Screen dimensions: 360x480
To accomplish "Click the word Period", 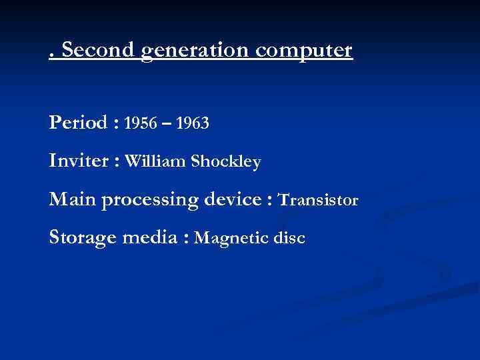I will coord(77,123).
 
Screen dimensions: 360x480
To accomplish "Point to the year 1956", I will coord(140,123).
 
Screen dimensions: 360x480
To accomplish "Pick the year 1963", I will coord(193,123).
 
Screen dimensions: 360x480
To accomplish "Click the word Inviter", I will coord(79,161).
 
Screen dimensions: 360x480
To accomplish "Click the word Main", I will coord(71,199).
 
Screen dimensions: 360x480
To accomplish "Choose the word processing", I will coord(147,200).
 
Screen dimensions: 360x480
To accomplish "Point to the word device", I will coord(231,199).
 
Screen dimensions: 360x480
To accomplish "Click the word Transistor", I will coord(319,199).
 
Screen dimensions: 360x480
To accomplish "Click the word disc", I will coord(291,238).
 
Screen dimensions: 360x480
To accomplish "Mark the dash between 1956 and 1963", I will coord(166,124).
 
